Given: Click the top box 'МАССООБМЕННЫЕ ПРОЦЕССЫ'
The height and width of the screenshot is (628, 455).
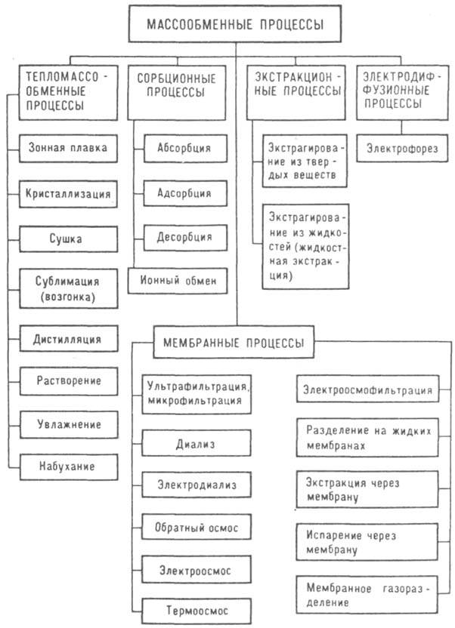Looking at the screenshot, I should tap(234, 26).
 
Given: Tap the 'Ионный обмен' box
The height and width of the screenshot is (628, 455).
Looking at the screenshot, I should tap(178, 281).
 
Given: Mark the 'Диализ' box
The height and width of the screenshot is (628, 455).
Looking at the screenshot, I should tap(196, 444).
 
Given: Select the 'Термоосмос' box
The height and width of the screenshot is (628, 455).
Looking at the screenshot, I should tap(196, 609).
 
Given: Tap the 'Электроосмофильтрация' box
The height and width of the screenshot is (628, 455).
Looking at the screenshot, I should tap(367, 390).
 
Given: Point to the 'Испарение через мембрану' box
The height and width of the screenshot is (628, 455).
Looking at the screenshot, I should tap(367, 542).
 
